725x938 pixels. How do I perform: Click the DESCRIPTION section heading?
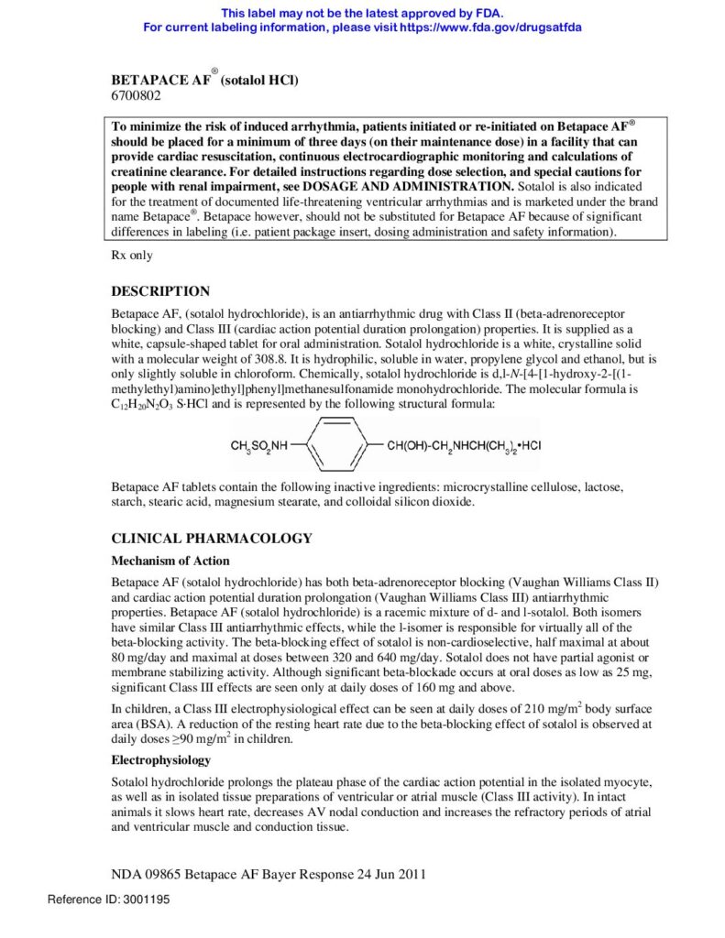(x=160, y=291)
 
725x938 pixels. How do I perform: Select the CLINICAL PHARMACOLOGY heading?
(x=212, y=538)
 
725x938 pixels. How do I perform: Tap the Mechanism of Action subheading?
(x=170, y=561)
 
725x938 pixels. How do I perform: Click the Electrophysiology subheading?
(x=161, y=760)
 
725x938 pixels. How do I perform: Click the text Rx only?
(x=132, y=256)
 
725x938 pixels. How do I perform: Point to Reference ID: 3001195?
(x=108, y=900)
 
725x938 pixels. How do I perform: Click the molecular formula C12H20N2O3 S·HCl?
(x=160, y=404)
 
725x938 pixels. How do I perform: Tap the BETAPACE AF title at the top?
(x=160, y=81)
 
